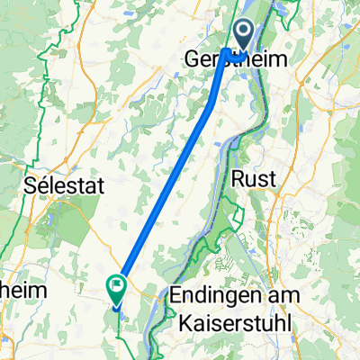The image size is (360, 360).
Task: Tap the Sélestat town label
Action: pyautogui.click(x=65, y=186)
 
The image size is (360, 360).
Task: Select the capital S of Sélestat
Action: pyautogui.click(x=30, y=186)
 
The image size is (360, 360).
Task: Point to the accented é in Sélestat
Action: pyautogui.click(x=43, y=186)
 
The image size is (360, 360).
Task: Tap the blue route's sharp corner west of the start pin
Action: pyautogui.click(x=224, y=51)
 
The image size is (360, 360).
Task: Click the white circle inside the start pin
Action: pyautogui.click(x=243, y=33)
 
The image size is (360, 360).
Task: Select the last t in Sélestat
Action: pyautogui.click(x=102, y=186)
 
